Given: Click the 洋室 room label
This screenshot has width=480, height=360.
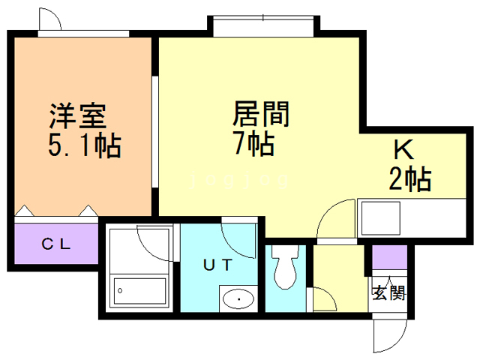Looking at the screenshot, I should tap(78, 116).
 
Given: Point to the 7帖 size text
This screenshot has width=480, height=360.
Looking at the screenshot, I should tap(253, 142).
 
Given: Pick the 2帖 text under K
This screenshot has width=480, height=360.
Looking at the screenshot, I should tap(409, 179).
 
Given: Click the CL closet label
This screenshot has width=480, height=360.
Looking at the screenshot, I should tap(56, 243).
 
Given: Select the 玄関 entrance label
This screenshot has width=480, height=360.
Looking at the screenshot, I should tap(388, 292).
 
